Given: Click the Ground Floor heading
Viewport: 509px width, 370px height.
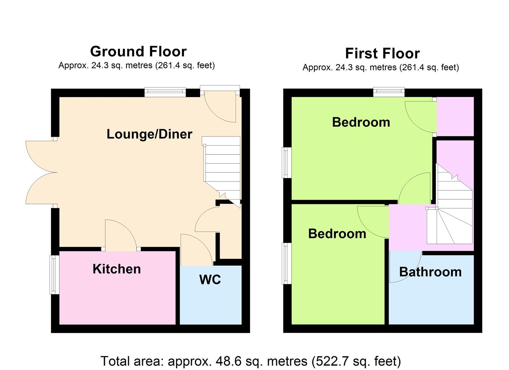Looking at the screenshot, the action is [x=138, y=51].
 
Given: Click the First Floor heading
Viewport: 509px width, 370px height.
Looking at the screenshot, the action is [x=383, y=53].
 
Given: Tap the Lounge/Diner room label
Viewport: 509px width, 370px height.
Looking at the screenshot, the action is [x=149, y=134].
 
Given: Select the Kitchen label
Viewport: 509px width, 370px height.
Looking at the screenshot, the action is [x=117, y=269].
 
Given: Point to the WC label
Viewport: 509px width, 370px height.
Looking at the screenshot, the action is [x=210, y=280].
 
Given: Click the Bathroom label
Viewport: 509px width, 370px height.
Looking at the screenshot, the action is [x=431, y=272].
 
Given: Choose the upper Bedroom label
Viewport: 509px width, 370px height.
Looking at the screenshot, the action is [x=361, y=122].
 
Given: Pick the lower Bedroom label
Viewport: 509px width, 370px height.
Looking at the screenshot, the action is [x=337, y=234].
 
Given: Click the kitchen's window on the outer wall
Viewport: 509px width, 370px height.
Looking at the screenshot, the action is [x=54, y=275].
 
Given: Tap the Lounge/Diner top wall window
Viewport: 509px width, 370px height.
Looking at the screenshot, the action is [x=165, y=92].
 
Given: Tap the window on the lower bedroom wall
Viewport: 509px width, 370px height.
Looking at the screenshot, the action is [x=287, y=263].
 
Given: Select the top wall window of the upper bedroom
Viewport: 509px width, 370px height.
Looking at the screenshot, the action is [x=389, y=92].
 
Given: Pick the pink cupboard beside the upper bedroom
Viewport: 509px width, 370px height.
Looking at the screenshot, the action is [x=455, y=116].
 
